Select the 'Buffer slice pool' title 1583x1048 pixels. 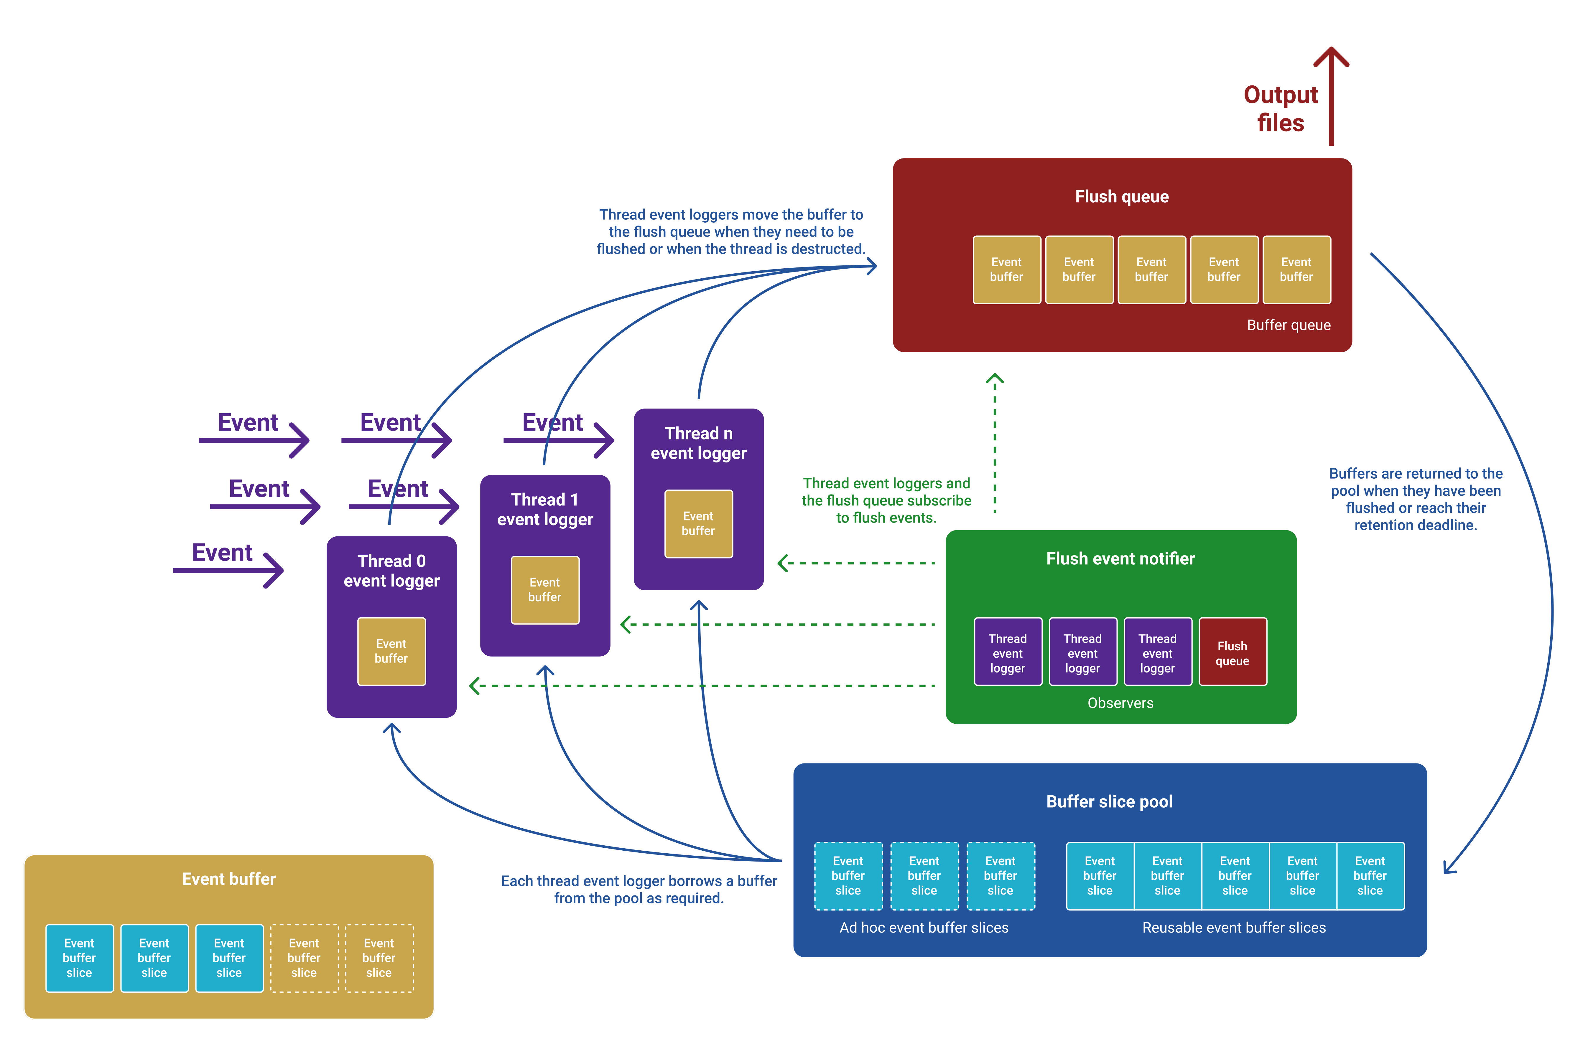1109,801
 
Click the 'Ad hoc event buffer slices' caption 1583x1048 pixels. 924,928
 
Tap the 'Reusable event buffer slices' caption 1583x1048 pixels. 1233,928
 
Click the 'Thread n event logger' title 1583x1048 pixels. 698,443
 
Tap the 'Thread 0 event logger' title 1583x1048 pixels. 391,571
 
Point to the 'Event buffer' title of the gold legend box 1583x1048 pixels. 229,879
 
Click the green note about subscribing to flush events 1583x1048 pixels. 886,501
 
